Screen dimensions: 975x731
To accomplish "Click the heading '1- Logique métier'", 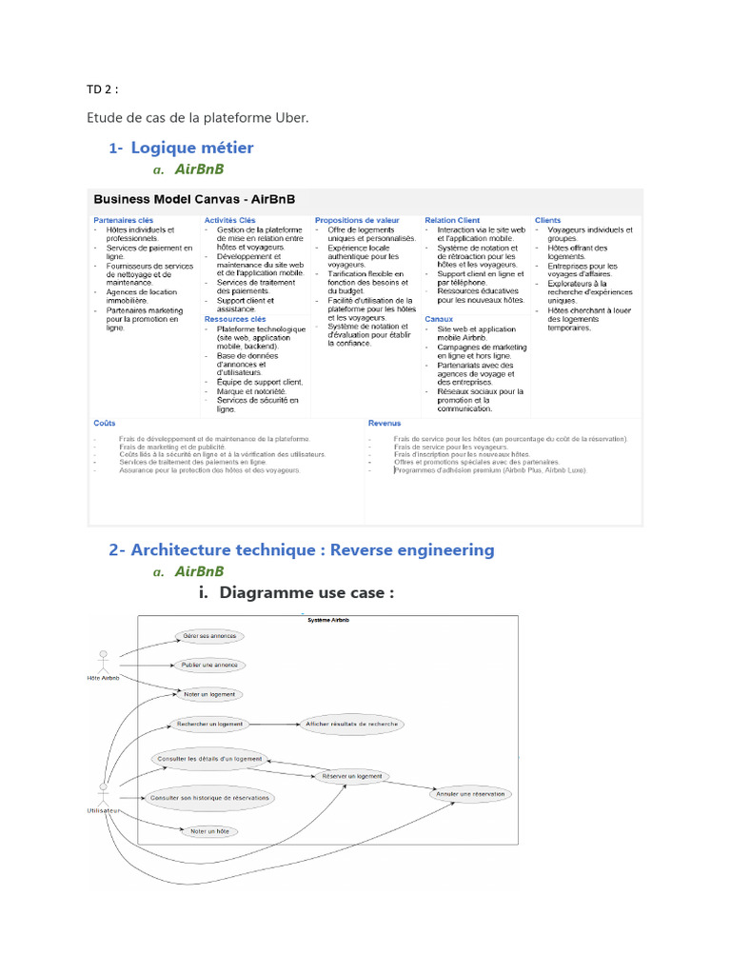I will pos(182,148).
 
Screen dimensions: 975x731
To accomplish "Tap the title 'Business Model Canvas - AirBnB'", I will pos(193,200).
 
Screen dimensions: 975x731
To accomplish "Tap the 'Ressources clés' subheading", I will pos(234,319).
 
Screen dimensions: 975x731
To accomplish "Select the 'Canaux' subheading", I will pos(439,319).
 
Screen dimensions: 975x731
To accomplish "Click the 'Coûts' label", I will pos(105,423).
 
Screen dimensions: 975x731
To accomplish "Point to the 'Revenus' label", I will pos(385,423).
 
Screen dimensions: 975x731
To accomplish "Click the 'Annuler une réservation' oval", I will pos(470,793).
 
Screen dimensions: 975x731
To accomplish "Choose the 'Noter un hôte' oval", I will pos(209,831).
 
